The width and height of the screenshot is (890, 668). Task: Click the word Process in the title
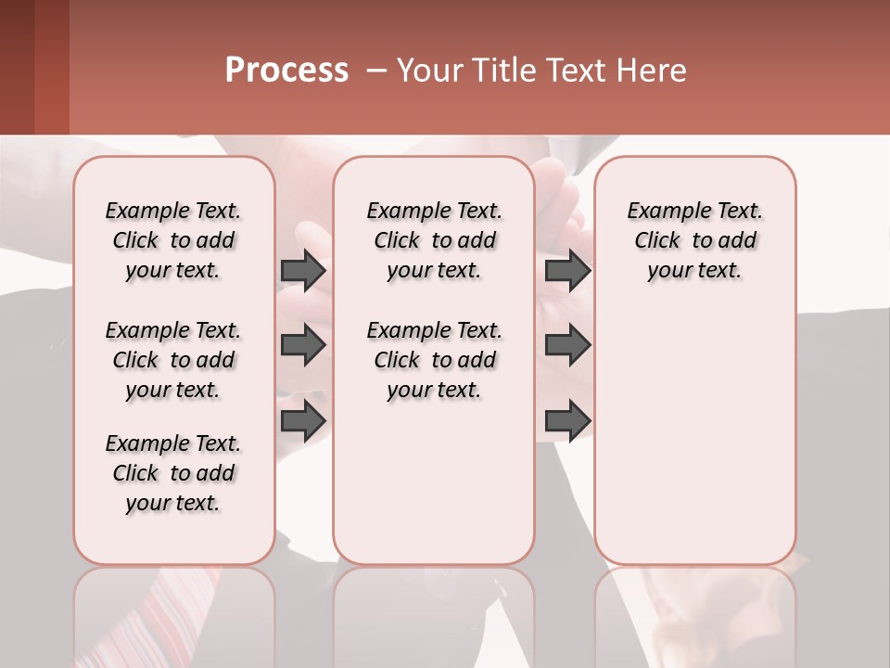coord(286,71)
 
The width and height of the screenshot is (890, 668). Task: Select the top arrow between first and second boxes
coord(303,270)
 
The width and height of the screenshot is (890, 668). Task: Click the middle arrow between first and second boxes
coord(303,345)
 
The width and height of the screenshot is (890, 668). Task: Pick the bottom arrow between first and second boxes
coord(303,420)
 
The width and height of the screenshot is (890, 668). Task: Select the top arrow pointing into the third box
coord(567,270)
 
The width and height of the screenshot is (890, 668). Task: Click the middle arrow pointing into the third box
coord(567,345)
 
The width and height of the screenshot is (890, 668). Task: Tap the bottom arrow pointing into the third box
coord(567,420)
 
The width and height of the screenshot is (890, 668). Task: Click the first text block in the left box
coord(173,240)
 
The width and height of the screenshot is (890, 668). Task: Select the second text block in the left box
coord(173,360)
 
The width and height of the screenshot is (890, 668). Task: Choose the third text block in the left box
coord(173,473)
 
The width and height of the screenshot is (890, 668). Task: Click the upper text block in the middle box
coord(434,240)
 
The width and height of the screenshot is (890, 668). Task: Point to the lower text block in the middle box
coord(434,360)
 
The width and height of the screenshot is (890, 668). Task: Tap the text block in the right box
coord(694,240)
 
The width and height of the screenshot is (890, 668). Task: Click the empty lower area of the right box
coord(694,445)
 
